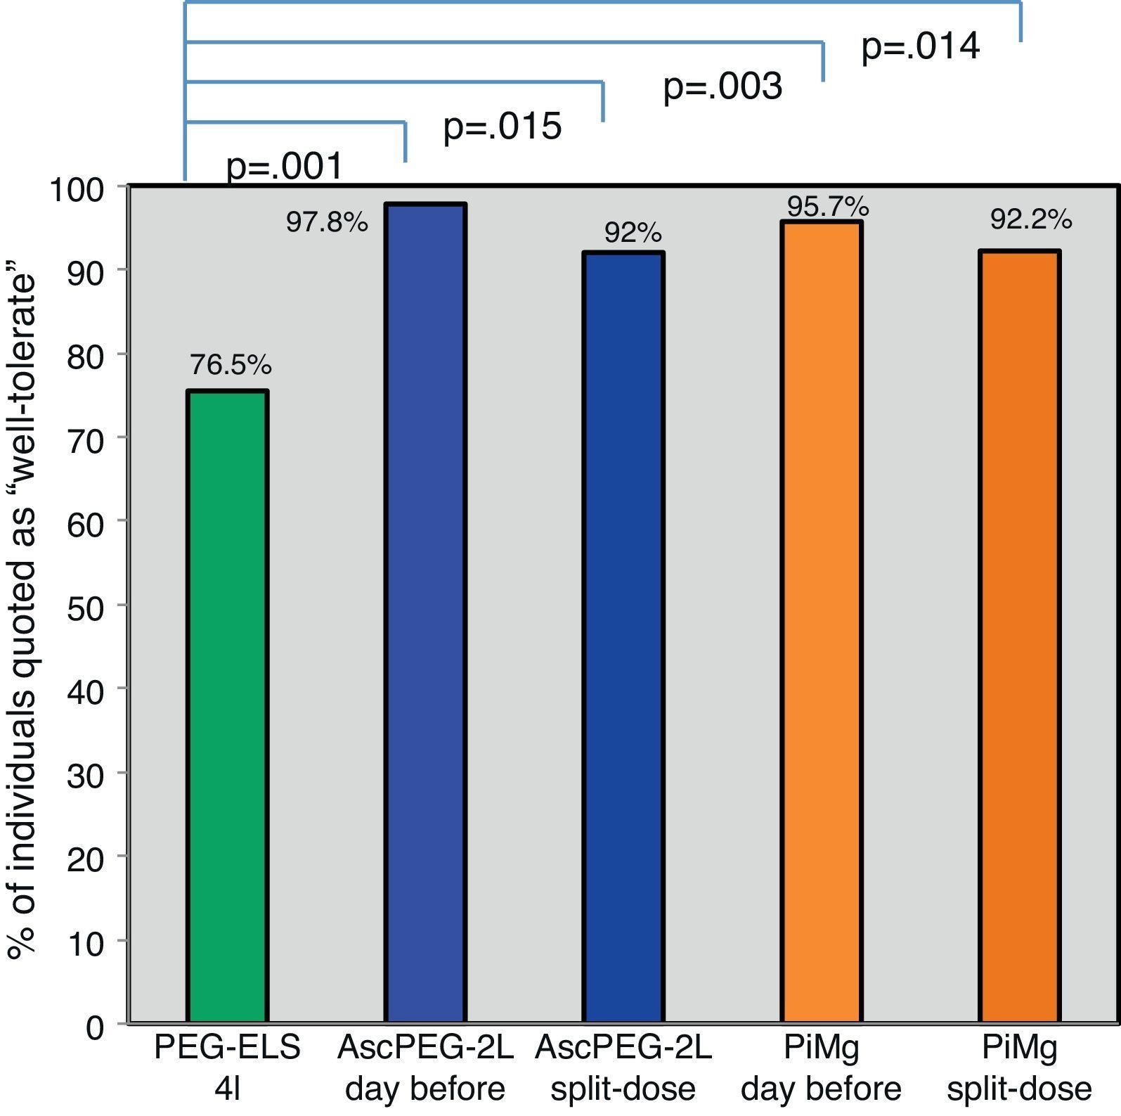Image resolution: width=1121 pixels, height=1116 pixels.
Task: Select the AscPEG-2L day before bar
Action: click(425, 612)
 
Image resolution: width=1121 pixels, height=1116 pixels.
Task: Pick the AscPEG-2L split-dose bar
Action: click(623, 636)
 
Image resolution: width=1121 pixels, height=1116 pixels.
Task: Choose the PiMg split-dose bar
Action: click(1020, 636)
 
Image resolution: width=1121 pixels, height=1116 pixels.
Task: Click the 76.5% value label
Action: click(231, 365)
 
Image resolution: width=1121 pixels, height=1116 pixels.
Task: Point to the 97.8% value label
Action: click(327, 222)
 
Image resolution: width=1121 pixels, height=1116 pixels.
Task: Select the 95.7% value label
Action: click(828, 207)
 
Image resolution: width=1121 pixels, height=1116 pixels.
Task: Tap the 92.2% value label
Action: click(1031, 220)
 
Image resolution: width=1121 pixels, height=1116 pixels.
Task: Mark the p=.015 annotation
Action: click(503, 127)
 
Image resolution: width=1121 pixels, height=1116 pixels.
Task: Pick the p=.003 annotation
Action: click(723, 86)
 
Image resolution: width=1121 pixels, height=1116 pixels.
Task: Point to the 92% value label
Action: click(633, 233)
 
